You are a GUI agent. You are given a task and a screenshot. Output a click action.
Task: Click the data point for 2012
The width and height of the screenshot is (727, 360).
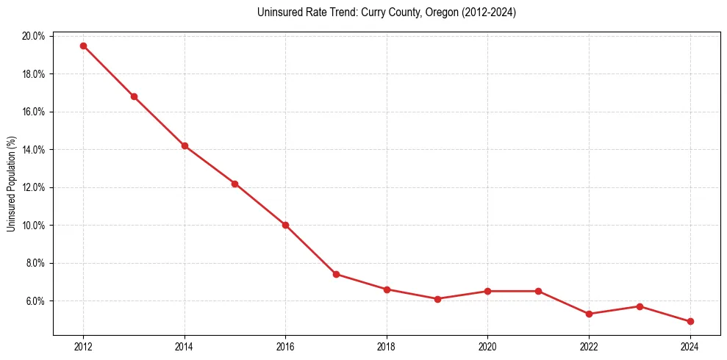click(x=83, y=46)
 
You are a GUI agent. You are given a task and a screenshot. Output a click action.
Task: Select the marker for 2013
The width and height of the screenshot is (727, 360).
click(x=134, y=96)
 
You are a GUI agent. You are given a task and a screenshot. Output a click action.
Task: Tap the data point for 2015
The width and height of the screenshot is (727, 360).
click(x=234, y=184)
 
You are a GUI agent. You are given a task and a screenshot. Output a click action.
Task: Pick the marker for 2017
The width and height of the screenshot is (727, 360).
click(x=336, y=274)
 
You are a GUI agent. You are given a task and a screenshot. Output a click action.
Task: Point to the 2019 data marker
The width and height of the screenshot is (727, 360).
click(x=437, y=299)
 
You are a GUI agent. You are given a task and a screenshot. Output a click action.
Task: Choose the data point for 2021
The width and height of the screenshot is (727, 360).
click(x=538, y=291)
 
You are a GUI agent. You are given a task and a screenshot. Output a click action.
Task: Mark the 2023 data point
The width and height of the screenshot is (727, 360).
click(x=640, y=306)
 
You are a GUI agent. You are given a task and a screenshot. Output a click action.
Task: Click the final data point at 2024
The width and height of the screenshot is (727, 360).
click(x=690, y=322)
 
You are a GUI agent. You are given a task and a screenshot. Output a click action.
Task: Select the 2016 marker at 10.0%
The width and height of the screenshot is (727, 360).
click(x=285, y=225)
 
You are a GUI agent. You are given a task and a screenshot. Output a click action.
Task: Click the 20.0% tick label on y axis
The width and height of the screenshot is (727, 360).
click(x=34, y=36)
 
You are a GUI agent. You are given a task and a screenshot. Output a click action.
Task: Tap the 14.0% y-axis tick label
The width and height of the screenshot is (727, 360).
click(x=34, y=150)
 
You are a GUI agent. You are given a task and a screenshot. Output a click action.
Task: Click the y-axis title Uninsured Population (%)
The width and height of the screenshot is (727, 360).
click(x=12, y=184)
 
